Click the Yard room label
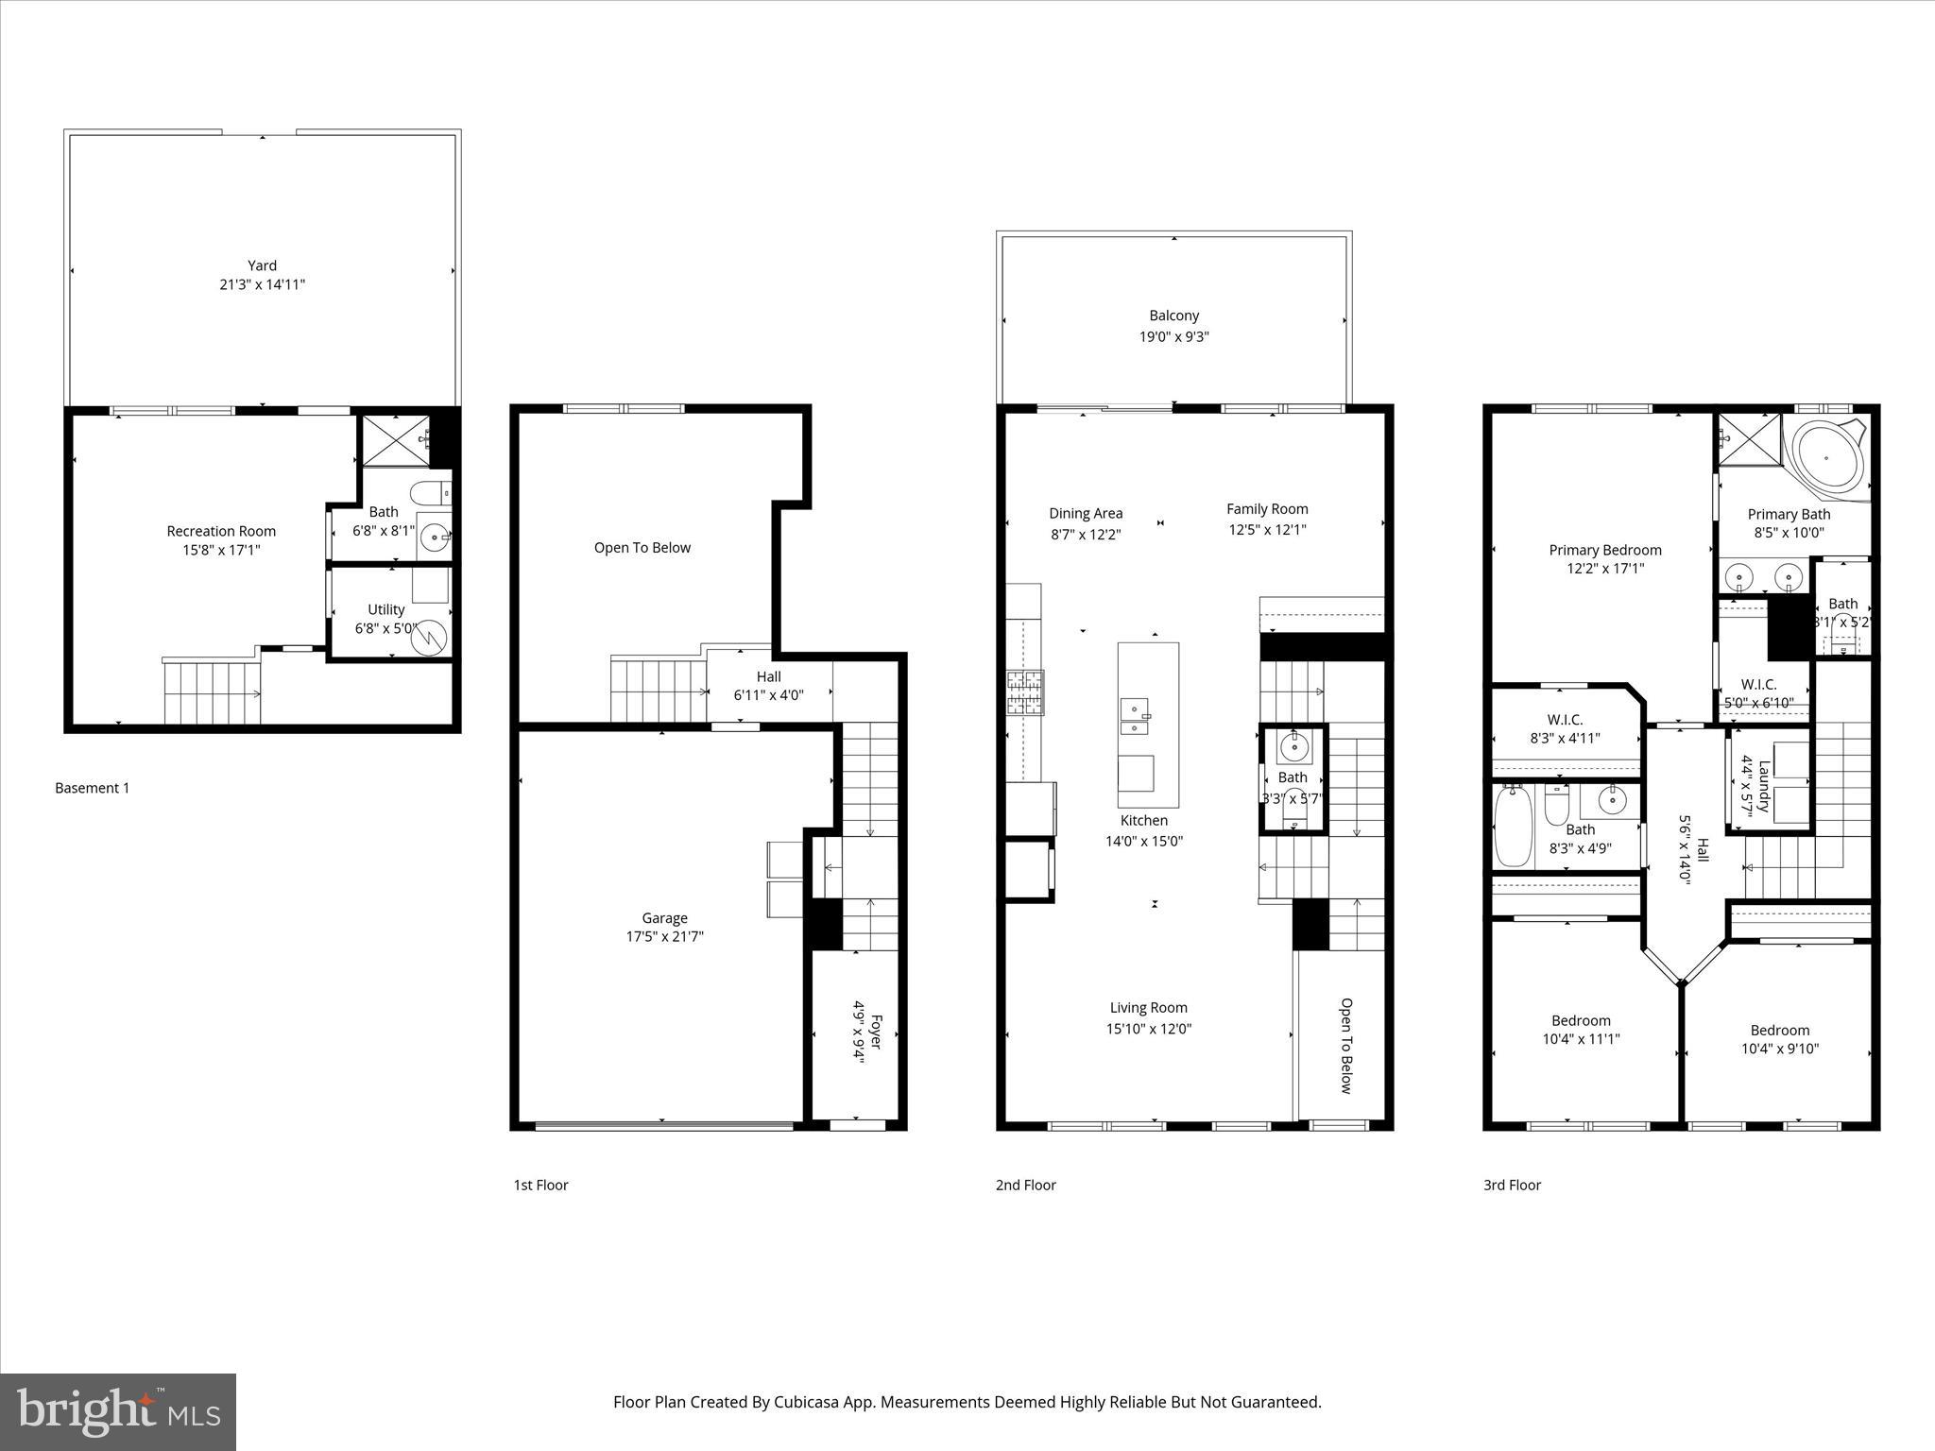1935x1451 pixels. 262,265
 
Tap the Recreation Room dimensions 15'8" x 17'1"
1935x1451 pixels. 221,550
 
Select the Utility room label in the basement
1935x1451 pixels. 385,609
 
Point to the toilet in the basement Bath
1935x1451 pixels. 432,493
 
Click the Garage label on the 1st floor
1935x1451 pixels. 664,917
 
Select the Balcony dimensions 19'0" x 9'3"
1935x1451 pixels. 1173,336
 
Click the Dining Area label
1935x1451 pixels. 1086,513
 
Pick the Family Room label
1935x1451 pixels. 1267,508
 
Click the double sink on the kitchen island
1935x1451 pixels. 1135,715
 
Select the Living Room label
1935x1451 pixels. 1148,1008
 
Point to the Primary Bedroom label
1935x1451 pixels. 1604,550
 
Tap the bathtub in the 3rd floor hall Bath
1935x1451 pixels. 1513,826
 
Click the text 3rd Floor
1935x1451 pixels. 1512,1185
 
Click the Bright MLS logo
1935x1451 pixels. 118,1411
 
